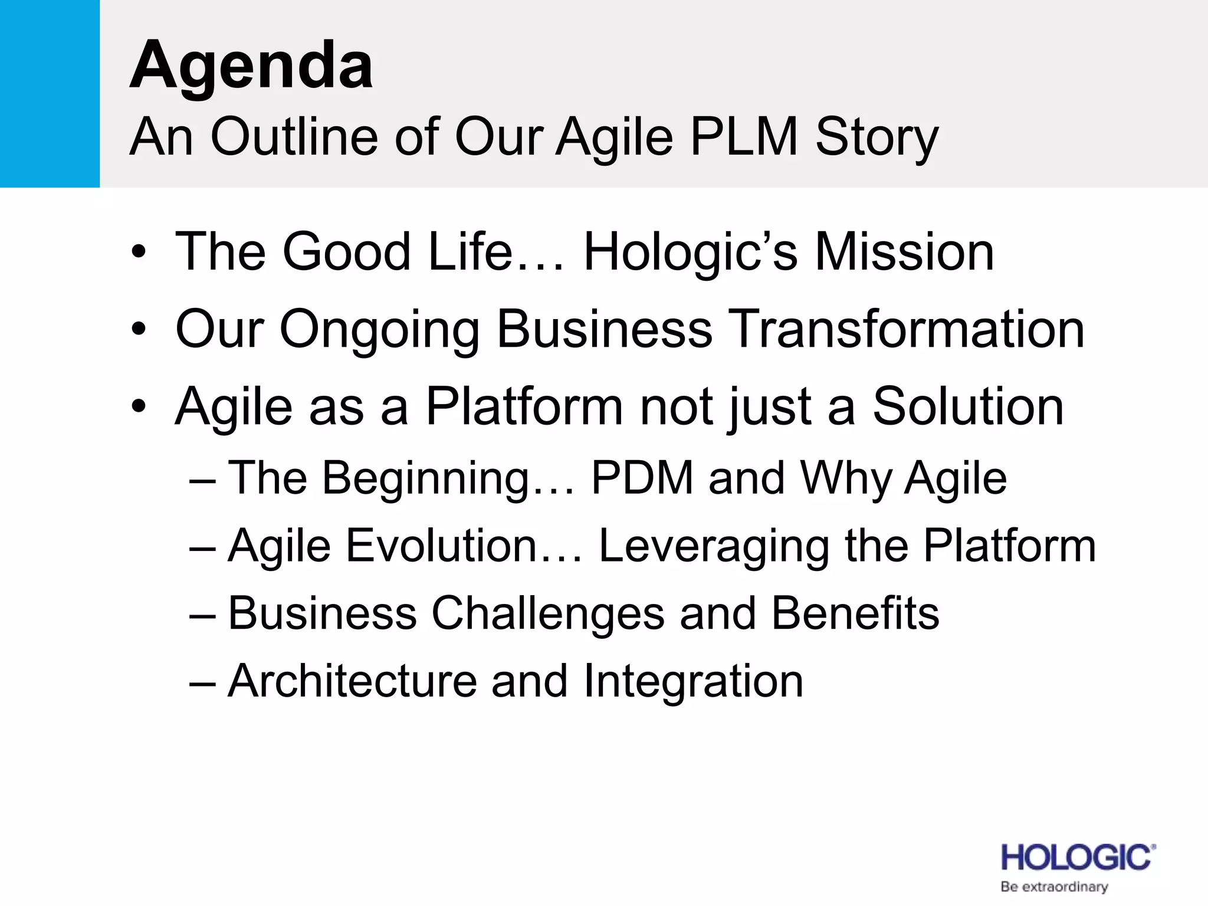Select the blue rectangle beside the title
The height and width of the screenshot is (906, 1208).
click(50, 93)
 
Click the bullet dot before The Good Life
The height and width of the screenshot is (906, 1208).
click(138, 253)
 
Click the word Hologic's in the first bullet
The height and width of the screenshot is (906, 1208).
click(690, 253)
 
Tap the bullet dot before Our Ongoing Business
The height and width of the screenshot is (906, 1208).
click(138, 330)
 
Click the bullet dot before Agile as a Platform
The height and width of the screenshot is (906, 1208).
click(138, 406)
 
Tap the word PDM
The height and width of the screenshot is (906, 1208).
click(642, 478)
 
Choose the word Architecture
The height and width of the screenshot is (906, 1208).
click(352, 681)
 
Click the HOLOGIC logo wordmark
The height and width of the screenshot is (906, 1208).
click(1077, 858)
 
